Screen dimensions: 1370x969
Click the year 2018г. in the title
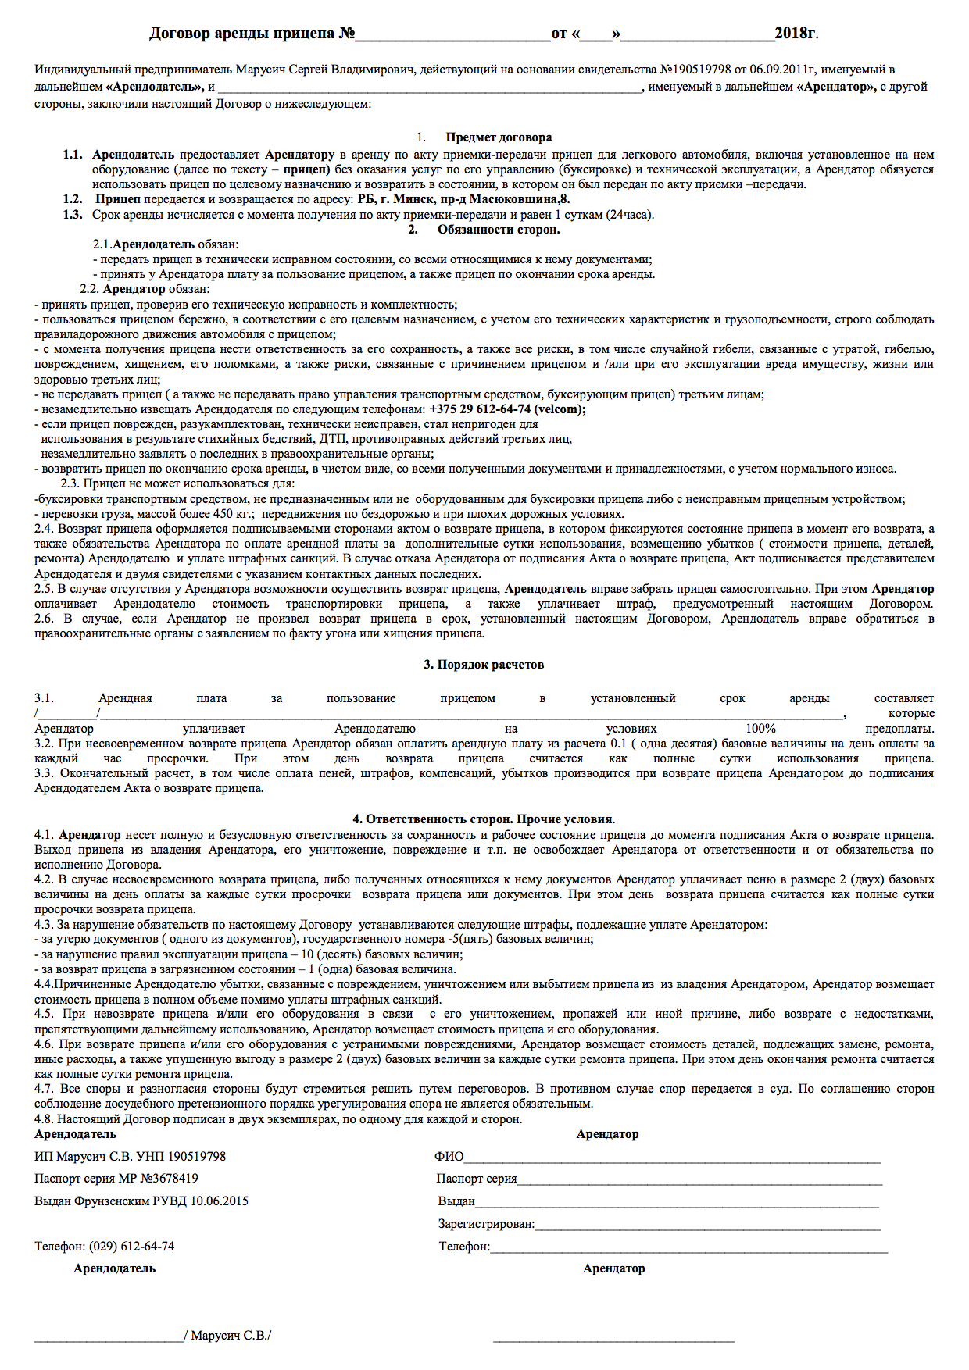(x=796, y=34)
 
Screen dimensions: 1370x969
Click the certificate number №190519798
(x=695, y=70)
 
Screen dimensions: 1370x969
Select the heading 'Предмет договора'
(x=499, y=137)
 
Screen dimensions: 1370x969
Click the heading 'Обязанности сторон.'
(x=499, y=230)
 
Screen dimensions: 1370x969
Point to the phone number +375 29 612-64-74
(x=480, y=409)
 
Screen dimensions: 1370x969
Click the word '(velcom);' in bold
(x=560, y=409)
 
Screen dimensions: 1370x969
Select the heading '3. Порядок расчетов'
(x=484, y=665)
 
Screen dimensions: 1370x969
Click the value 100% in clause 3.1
(x=760, y=729)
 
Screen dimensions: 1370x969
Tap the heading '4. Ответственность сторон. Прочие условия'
(x=484, y=819)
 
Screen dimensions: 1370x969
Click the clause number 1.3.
(x=73, y=215)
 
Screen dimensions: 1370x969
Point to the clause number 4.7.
(x=44, y=1089)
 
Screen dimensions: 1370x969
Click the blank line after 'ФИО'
(x=672, y=1158)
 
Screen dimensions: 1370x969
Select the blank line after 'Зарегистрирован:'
(x=707, y=1225)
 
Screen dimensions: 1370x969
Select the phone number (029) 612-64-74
(x=131, y=1247)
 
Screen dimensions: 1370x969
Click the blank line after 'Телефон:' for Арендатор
(x=688, y=1247)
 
